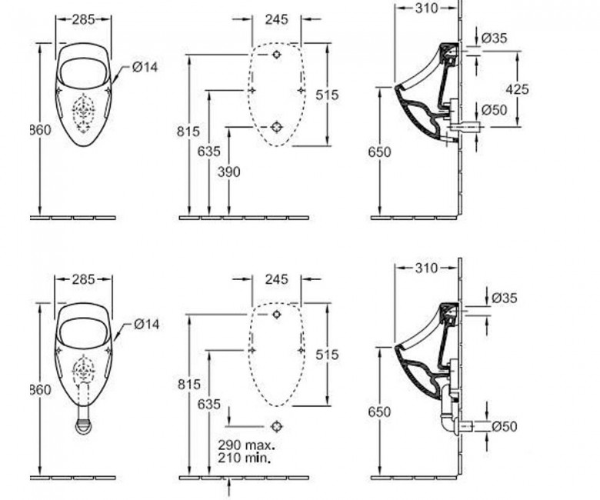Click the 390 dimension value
tap(228, 172)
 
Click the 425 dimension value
tap(518, 89)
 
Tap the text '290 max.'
tap(246, 445)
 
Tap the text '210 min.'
tap(244, 458)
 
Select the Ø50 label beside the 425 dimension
tap(494, 110)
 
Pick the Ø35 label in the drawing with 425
tap(494, 38)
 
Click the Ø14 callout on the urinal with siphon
tap(147, 325)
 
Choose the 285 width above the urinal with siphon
tap(83, 280)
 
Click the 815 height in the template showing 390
tap(188, 132)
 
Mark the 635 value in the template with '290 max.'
tap(209, 405)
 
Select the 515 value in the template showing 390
tap(327, 95)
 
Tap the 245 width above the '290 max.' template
tap(276, 279)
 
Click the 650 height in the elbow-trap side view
tap(379, 412)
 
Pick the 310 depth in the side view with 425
tap(426, 8)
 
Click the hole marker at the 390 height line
tap(277, 127)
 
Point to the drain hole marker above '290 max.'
tap(277, 426)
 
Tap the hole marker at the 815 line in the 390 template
tap(277, 55)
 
